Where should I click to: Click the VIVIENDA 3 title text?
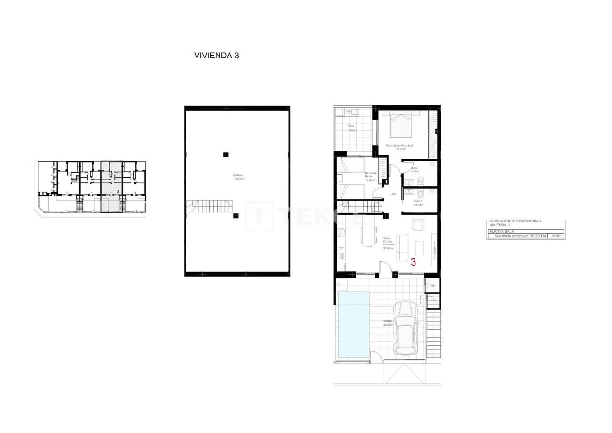[216, 55]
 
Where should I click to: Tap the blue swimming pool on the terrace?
[353, 324]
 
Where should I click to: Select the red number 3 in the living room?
[413, 262]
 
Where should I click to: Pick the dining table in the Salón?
[368, 235]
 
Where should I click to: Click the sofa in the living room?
[403, 244]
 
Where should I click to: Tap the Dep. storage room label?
[432, 286]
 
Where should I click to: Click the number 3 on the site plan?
[118, 191]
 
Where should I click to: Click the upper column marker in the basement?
[225, 154]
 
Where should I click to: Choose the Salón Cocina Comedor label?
[388, 243]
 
